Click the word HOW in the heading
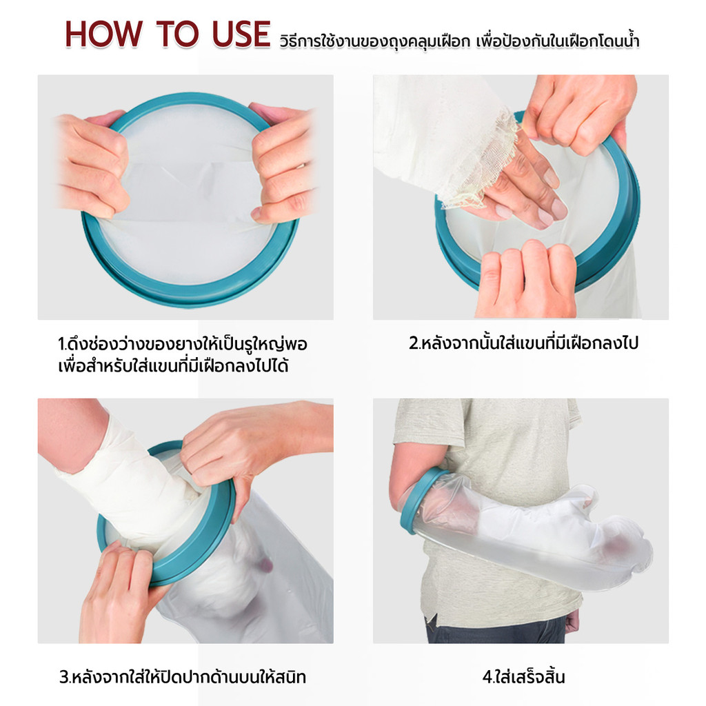tap(103, 34)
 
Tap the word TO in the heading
tap(177, 34)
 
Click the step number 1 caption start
tap(61, 345)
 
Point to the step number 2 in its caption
tap(414, 343)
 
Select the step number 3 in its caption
tap(64, 677)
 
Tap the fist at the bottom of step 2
tap(526, 279)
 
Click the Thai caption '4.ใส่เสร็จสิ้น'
tap(523, 677)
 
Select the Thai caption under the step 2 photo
tap(524, 343)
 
